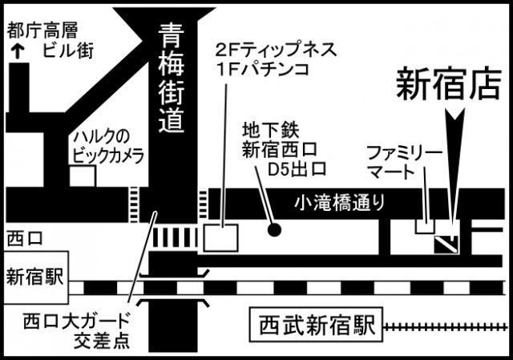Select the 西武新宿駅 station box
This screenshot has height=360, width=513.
(x=317, y=326)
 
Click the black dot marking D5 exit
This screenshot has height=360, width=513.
(x=274, y=229)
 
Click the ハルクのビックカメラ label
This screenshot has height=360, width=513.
(x=109, y=147)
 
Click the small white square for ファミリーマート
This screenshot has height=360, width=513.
(x=424, y=225)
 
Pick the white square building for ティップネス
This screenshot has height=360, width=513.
(x=220, y=236)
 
